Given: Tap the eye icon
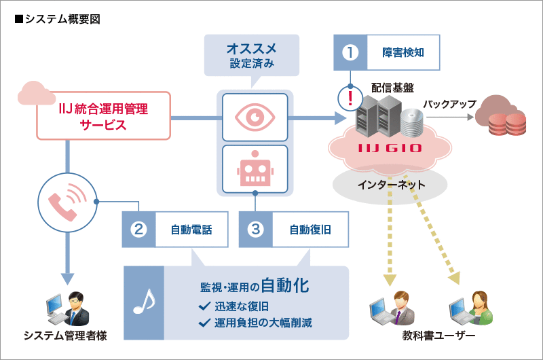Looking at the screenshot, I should click(255, 117).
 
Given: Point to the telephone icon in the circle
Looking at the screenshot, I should click(67, 201).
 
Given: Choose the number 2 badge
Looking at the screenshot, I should click(138, 229).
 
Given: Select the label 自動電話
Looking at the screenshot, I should click(191, 229).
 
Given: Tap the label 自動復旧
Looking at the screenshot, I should click(310, 229).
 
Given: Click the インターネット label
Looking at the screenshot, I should click(390, 184).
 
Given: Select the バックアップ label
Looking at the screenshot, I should click(449, 104).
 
